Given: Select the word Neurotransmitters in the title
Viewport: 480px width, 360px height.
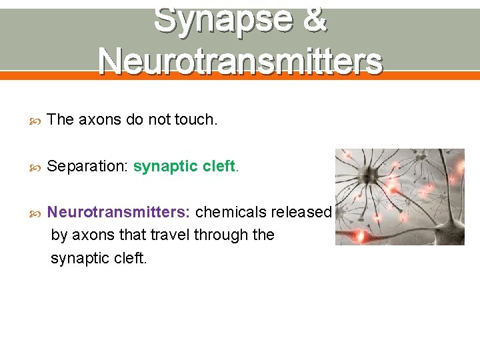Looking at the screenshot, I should (240, 61).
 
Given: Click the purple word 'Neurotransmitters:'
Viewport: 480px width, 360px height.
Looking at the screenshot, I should (119, 212).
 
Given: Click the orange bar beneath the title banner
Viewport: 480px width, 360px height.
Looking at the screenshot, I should (240, 75).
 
